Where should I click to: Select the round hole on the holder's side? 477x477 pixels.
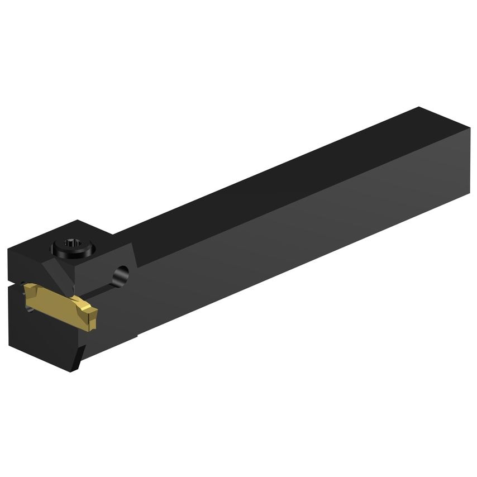tap(121, 274)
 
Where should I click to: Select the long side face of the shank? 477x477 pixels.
tap(307, 235)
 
